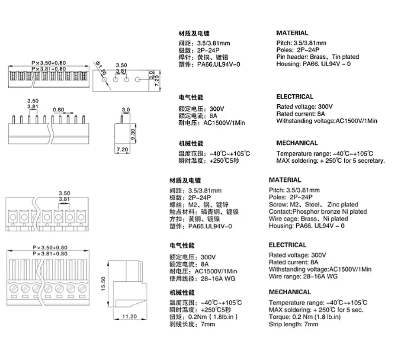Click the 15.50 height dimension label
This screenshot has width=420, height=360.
tap(103, 284)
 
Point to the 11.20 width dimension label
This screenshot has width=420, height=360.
tap(130, 316)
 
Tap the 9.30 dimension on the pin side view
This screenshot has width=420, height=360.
tap(133, 134)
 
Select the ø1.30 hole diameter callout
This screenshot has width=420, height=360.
tap(101, 68)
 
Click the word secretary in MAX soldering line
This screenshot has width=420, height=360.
tap(371, 161)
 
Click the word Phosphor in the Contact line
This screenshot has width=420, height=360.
tap(304, 212)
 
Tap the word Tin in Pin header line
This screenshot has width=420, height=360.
tap(336, 57)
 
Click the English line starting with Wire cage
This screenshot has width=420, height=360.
tap(308, 219)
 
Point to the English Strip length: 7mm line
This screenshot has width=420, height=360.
tap(294, 324)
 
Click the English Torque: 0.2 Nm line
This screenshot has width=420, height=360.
tap(305, 317)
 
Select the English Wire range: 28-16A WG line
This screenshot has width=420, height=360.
tap(303, 276)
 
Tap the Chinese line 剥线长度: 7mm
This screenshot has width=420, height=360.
tap(192, 324)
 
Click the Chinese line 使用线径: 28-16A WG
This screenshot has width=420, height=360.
tap(202, 279)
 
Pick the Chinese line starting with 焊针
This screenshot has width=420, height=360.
tap(203, 57)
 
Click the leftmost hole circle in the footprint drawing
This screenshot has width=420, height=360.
tap(105, 80)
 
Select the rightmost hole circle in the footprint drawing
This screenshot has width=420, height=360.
tap(138, 80)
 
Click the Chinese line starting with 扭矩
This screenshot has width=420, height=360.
tap(204, 317)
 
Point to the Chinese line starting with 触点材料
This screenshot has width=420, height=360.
tap(204, 212)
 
